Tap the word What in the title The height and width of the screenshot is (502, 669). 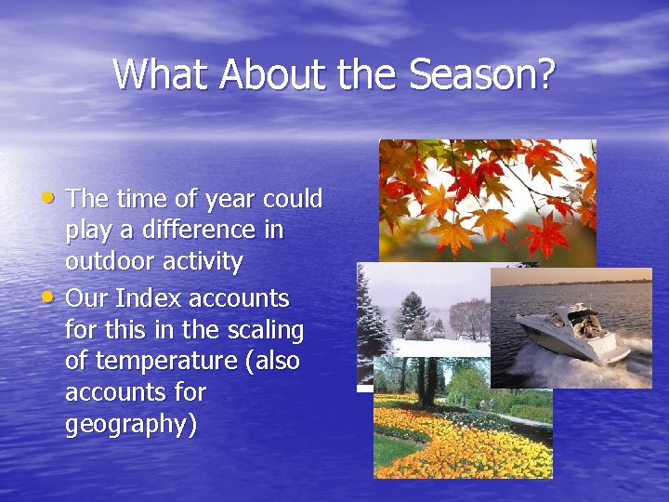[161, 73]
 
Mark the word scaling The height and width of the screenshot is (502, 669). [264, 331]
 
